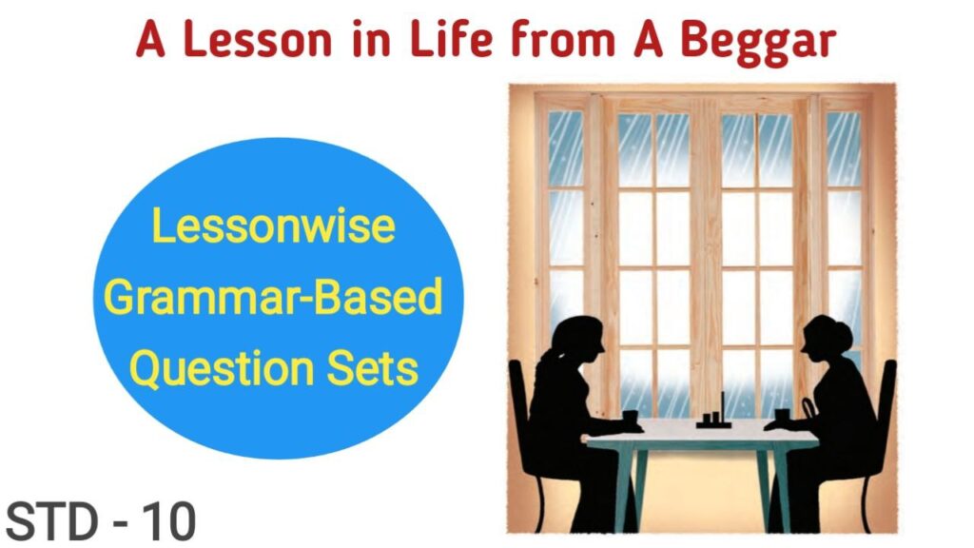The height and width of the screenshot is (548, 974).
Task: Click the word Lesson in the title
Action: point(258,39)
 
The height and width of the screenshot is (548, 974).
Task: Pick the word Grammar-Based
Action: point(273,297)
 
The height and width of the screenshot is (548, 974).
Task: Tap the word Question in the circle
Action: point(221,368)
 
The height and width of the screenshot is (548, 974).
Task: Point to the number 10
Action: point(169,522)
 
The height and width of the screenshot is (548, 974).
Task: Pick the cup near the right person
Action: point(782,416)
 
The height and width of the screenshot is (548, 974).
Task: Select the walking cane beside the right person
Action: point(807,411)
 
